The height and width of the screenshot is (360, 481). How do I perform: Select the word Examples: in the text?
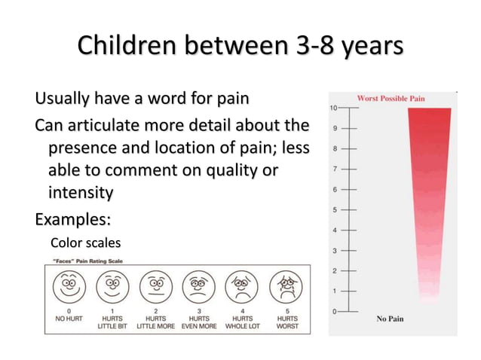click(x=73, y=220)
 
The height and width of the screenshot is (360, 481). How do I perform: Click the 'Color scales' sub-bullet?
click(x=85, y=243)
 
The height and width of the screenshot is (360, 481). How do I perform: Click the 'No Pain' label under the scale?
click(x=390, y=319)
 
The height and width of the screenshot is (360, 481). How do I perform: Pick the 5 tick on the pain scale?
click(x=334, y=209)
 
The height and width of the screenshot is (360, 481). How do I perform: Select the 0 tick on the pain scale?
click(x=334, y=310)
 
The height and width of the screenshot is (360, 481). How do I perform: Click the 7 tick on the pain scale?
click(x=334, y=169)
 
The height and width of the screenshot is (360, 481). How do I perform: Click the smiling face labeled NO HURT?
click(x=69, y=287)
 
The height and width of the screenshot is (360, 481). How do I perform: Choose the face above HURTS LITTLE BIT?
click(x=112, y=287)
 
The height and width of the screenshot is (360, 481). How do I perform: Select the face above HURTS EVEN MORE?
click(x=200, y=287)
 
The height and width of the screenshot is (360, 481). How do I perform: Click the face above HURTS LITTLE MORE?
click(x=156, y=287)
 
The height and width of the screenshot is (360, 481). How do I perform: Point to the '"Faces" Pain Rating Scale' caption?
click(x=88, y=261)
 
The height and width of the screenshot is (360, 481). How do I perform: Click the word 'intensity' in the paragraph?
click(x=81, y=193)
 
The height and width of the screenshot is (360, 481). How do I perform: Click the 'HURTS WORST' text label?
click(x=287, y=322)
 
